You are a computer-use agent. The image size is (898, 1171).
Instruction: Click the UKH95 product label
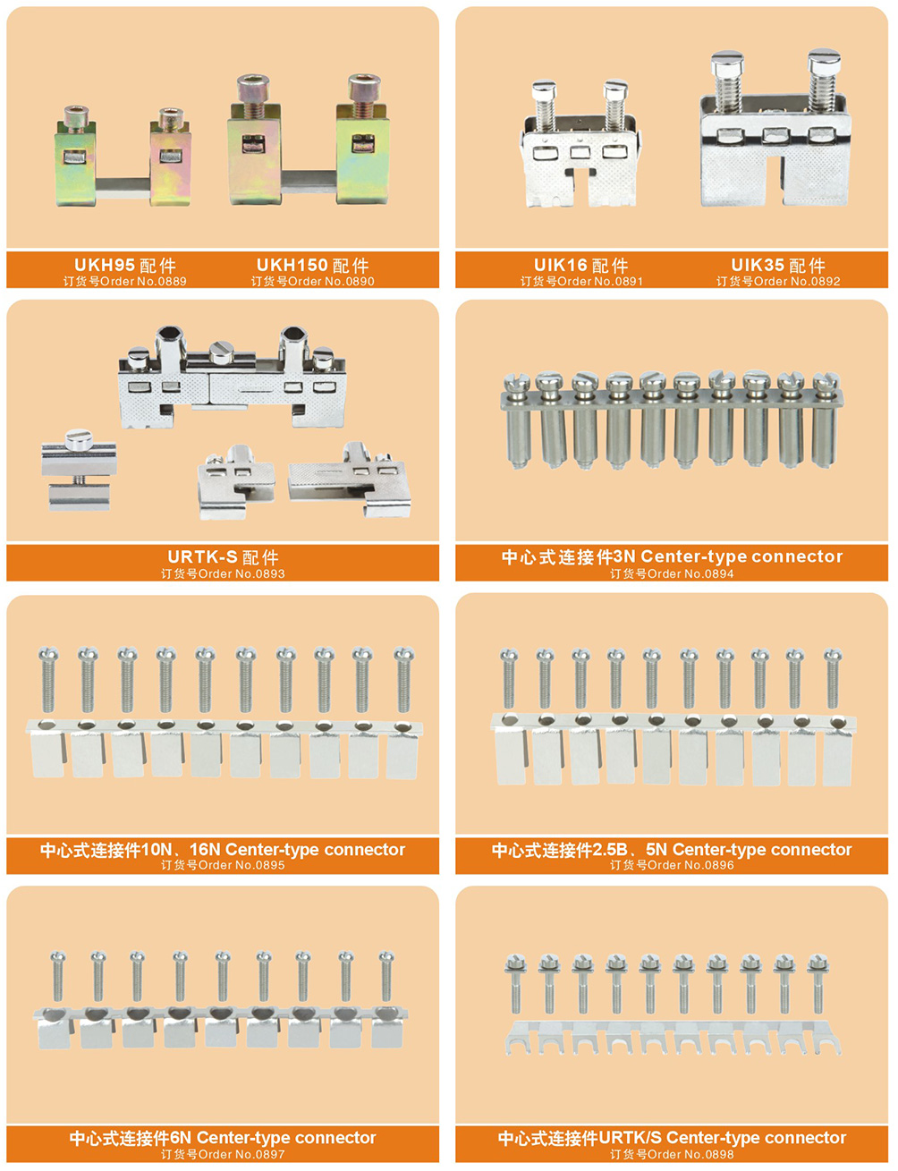[125, 265]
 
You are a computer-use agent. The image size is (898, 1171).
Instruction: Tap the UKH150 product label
[312, 265]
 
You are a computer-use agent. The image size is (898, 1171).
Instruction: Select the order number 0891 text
[581, 281]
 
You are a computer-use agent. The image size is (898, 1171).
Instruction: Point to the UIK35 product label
[778, 265]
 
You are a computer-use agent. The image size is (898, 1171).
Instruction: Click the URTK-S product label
[223, 557]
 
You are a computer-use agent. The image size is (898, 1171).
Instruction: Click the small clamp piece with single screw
[80, 470]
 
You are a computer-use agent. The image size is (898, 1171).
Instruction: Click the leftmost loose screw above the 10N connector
[48, 680]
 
